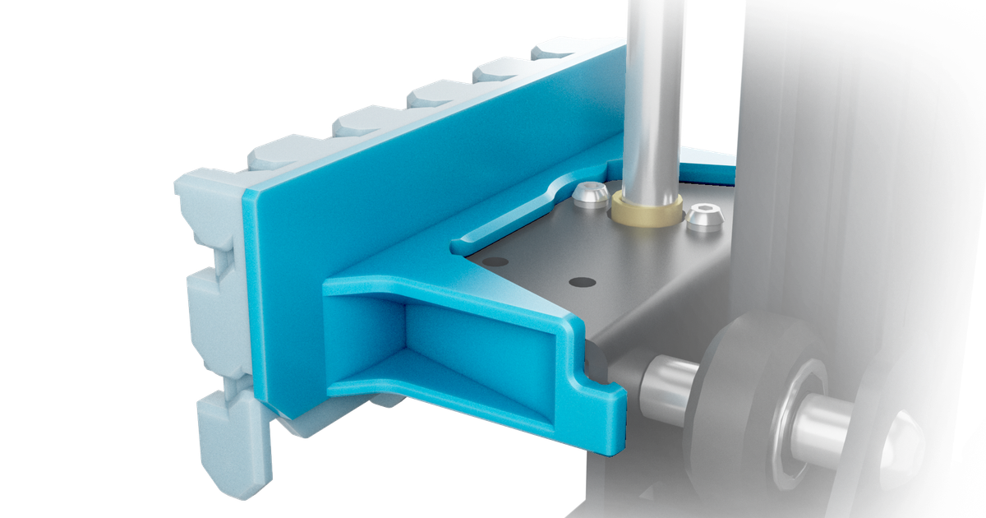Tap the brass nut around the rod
coord(647,212)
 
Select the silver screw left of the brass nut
coord(590,195)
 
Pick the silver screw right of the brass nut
coord(704,217)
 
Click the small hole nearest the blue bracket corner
coord(495,261)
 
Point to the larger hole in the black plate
coord(582,282)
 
